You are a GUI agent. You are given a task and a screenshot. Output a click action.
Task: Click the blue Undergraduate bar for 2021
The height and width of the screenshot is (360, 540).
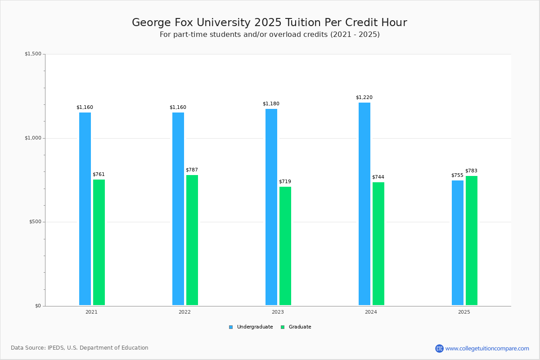click(x=85, y=209)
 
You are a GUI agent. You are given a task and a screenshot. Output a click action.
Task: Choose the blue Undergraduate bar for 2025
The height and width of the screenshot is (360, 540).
click(x=458, y=243)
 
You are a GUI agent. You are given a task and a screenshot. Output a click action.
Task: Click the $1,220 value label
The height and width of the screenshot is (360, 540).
click(x=364, y=98)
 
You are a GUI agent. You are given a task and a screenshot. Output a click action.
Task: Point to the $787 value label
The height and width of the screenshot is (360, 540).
click(x=192, y=170)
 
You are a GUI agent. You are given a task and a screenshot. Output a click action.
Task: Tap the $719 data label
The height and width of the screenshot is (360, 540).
click(x=285, y=182)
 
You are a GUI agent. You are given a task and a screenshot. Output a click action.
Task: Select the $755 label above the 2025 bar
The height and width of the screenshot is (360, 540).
click(x=457, y=175)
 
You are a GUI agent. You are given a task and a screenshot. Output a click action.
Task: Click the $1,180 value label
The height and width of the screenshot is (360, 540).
click(x=271, y=104)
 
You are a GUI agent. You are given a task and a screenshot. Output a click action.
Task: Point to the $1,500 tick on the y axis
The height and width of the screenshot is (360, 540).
click(x=33, y=54)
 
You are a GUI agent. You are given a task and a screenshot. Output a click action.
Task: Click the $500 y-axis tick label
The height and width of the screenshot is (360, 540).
click(x=35, y=222)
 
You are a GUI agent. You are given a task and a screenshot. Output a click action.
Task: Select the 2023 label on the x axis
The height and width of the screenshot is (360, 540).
click(x=278, y=312)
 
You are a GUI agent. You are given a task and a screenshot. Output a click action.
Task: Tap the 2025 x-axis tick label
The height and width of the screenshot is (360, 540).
click(x=464, y=312)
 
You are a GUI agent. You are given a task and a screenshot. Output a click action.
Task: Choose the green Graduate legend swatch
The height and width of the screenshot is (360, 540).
click(x=283, y=327)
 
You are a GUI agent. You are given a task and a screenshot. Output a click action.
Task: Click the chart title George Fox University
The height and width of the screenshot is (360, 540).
click(x=269, y=22)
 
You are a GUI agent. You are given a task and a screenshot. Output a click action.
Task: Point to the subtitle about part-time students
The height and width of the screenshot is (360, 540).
click(x=270, y=35)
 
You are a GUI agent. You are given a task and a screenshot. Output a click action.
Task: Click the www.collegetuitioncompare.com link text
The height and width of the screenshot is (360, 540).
click(x=487, y=348)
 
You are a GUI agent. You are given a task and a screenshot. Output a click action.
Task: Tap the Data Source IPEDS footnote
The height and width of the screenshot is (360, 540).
click(x=80, y=348)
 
